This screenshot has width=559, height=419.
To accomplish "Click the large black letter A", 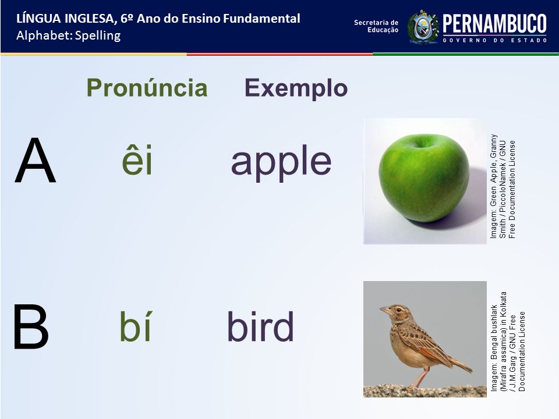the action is (36, 161).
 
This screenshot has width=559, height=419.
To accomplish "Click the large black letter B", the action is (31, 326).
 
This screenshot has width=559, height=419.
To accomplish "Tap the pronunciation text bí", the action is (136, 326).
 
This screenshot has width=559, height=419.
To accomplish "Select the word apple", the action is (281, 162).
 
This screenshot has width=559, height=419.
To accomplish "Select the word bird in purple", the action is (260, 326).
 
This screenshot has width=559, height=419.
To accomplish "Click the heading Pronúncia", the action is (147, 88).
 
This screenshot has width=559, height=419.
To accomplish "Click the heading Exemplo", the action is (296, 88).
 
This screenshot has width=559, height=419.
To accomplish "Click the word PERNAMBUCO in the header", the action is (494, 24).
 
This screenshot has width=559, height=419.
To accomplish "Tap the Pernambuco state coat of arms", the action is (423, 27).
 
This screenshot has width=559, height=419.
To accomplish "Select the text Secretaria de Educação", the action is (376, 26).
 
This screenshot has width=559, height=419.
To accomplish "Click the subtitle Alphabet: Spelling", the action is (69, 35).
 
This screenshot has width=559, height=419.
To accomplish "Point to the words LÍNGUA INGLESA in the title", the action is (65, 19).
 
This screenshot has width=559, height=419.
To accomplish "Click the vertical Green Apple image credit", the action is (503, 186).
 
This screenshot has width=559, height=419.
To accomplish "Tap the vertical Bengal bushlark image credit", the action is (508, 342).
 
